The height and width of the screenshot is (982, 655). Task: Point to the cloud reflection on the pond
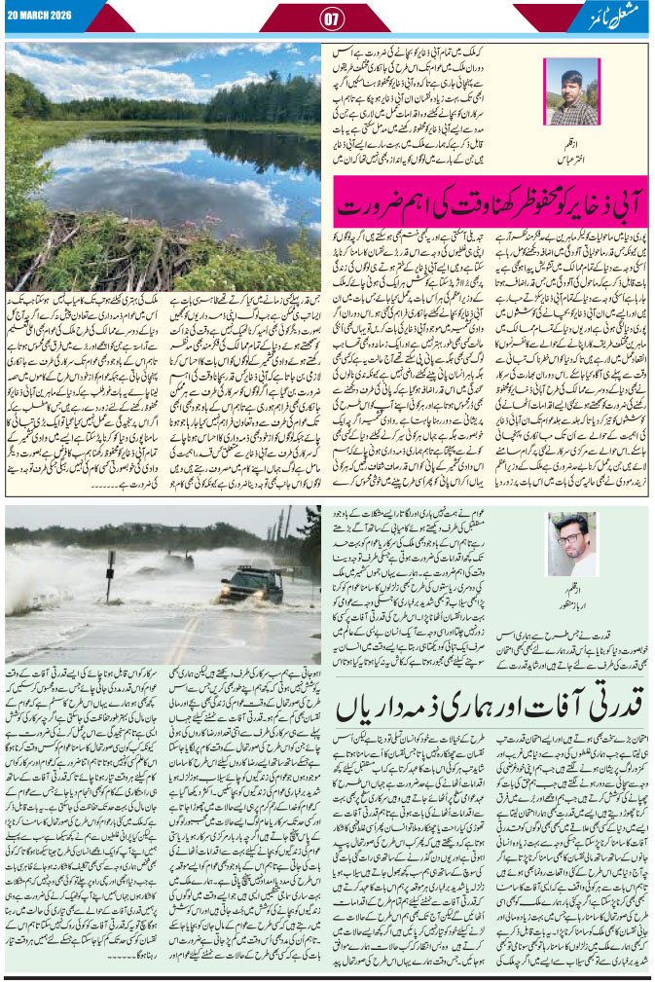pos(146,185)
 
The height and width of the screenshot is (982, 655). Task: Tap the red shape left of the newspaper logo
pos(541,17)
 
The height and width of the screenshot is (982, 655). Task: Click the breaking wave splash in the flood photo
pos(39,584)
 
